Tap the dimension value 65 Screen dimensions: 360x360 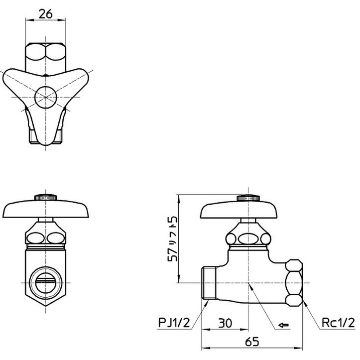(x=253, y=343)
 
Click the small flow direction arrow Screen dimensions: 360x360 (x=283, y=326)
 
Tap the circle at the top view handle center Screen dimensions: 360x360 (x=46, y=96)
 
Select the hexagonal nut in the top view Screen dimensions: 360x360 (x=45, y=56)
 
